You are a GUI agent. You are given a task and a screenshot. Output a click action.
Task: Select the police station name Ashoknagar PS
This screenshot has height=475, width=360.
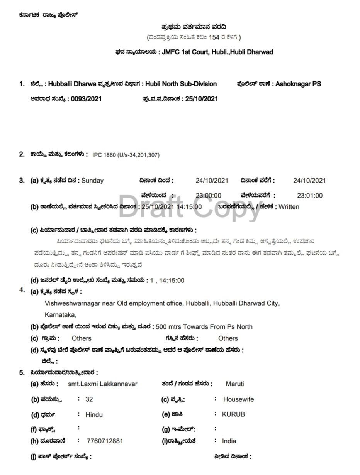tap(298, 84)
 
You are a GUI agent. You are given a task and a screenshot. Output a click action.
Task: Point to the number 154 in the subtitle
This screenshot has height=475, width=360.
tap(214, 37)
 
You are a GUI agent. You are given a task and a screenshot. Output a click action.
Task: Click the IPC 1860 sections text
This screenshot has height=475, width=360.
tap(126, 155)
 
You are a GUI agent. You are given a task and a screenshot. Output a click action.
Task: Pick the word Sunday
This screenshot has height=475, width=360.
tap(93, 180)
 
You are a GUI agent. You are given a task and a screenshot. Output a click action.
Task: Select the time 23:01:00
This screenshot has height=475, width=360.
tap(309, 196)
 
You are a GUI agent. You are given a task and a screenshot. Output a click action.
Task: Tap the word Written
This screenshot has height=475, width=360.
tap(289, 207)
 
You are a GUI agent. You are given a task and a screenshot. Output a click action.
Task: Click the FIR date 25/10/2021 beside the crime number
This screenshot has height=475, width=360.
tap(201, 99)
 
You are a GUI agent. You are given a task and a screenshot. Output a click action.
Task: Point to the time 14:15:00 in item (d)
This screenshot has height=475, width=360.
tap(172, 281)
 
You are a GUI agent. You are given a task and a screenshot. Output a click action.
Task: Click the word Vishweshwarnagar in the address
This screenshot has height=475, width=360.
tap(72, 303)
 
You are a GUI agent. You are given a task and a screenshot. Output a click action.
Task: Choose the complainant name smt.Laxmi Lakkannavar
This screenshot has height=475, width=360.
tap(102, 384)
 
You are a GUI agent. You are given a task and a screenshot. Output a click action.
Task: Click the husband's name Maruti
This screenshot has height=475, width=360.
tap(235, 384)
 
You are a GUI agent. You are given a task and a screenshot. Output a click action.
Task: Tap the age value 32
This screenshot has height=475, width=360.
tap(89, 399)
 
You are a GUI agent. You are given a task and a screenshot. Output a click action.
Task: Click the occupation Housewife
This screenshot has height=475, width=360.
tap(238, 399)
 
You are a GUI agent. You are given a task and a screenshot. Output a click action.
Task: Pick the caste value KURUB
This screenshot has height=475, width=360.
tap(233, 414)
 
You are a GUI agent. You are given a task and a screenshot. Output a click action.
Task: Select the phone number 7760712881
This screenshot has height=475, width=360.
tap(105, 441)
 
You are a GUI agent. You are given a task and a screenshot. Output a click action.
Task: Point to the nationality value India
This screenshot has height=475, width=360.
tap(229, 441)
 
